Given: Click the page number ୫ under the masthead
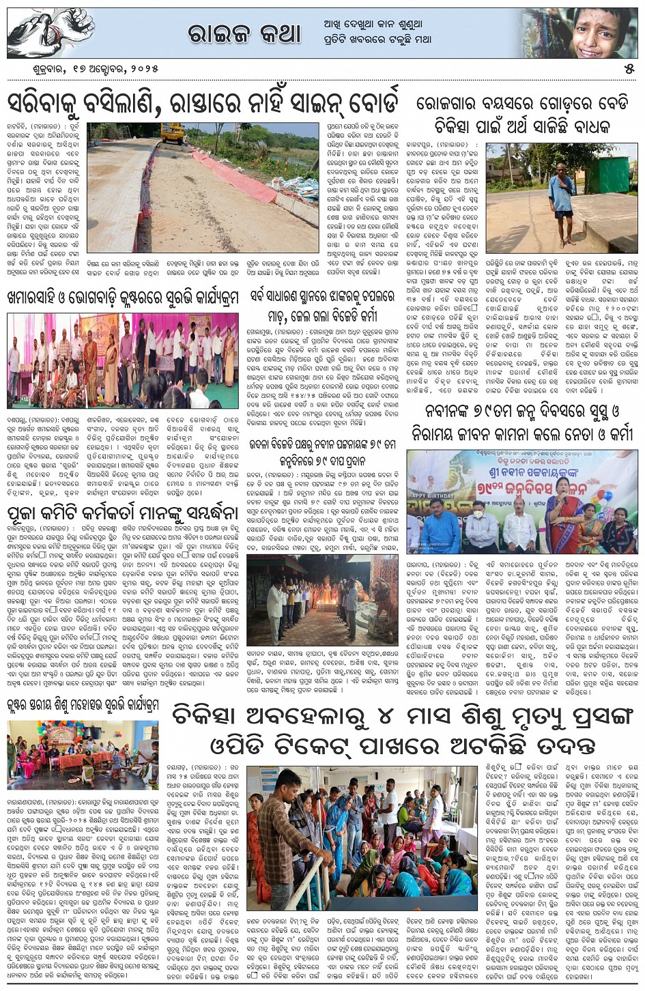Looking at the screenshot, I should click(x=629, y=68).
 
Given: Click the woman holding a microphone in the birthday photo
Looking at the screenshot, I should click(x=560, y=510).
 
